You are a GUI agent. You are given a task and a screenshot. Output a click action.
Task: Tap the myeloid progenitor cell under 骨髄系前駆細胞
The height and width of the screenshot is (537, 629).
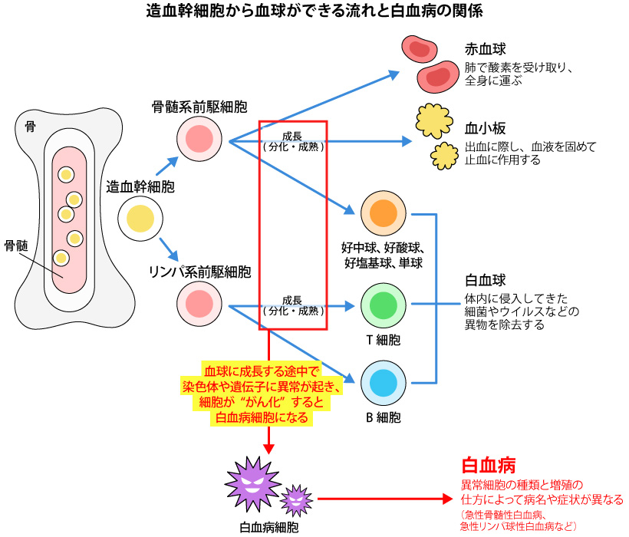coord(199,139)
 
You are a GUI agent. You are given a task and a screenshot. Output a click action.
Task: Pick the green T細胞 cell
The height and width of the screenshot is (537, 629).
coord(383,305)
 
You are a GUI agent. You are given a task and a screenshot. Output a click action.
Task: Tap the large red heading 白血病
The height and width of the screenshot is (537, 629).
coord(487,466)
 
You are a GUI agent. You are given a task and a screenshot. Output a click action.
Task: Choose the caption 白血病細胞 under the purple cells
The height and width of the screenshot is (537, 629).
coord(269,527)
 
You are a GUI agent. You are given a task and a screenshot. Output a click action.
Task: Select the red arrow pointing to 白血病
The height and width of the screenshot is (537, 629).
coord(384,499)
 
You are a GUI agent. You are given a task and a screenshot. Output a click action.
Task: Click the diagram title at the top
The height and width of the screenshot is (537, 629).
coord(314,12)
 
